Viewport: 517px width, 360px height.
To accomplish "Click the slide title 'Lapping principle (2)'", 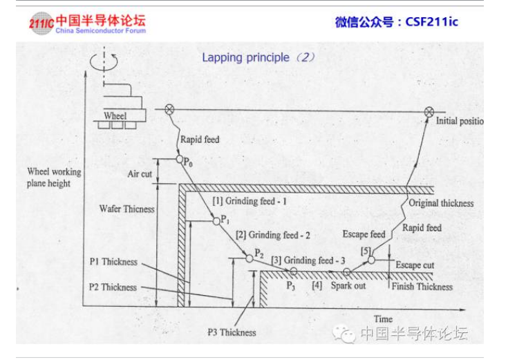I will (258, 57).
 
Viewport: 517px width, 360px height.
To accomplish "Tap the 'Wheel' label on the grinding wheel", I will (115, 115).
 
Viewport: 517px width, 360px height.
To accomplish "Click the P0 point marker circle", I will (178, 160).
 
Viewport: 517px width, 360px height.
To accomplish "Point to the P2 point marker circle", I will (249, 258).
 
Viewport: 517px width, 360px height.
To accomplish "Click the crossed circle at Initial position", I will (429, 111).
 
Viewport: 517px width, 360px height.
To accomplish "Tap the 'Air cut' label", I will (140, 173).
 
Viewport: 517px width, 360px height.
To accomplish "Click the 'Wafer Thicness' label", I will (126, 209).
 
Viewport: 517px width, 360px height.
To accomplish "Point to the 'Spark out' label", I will (348, 285).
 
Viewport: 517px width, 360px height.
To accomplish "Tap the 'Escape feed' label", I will (364, 234).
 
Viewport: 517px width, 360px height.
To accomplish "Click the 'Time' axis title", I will (383, 319).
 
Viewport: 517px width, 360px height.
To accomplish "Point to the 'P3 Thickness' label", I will (232, 332).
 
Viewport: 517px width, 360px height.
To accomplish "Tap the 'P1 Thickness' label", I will (113, 262).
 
